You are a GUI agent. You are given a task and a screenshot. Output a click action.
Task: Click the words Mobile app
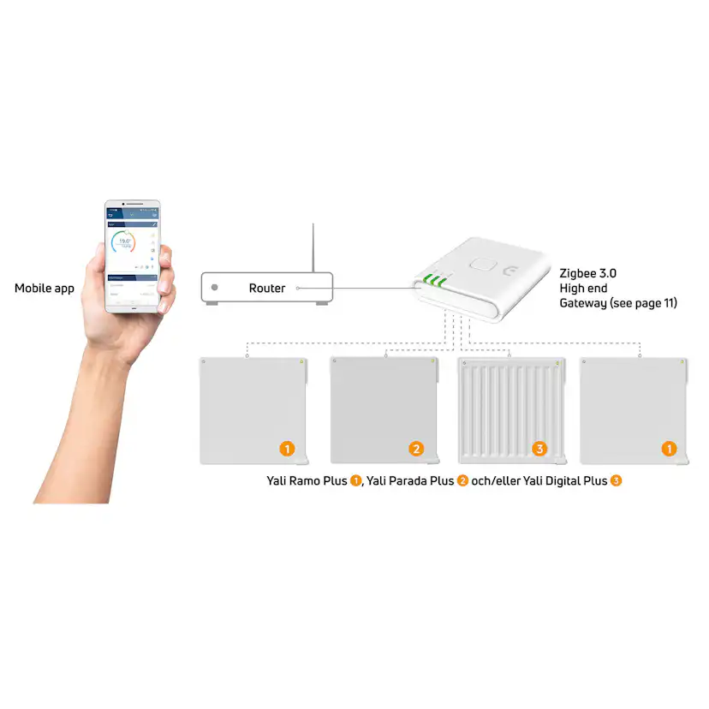[44, 289]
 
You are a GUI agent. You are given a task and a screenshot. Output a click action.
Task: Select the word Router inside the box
[267, 289]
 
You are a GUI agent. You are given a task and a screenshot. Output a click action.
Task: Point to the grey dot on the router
[214, 289]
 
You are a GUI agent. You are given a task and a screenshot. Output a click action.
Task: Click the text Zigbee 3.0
[587, 273]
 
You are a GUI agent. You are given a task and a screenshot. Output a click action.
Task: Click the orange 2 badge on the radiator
[416, 449]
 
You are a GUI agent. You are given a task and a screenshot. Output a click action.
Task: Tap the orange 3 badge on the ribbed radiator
[539, 449]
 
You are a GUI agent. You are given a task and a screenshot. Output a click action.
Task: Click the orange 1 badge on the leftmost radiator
[288, 449]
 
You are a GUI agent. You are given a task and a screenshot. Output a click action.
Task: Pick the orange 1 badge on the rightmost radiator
[670, 449]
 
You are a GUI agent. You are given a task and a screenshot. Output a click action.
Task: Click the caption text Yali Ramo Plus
[307, 481]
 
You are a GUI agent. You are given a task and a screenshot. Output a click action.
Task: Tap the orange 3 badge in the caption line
[616, 481]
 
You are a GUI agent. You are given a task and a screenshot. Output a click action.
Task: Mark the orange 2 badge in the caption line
[462, 481]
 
